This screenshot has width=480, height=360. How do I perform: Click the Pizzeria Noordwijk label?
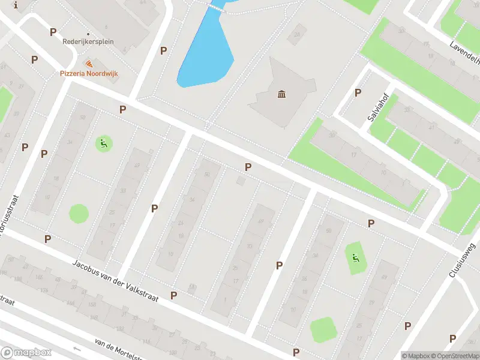pos(88,73)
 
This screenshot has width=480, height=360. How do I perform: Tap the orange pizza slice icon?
pos(89,64)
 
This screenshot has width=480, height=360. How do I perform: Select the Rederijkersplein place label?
pos(88,42)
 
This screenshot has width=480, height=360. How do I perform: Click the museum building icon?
pos(281,94)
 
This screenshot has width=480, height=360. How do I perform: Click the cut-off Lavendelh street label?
pos(465,53)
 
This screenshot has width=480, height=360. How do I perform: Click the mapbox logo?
pos(26,353)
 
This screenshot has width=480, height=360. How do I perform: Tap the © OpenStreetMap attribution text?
pos(455,356)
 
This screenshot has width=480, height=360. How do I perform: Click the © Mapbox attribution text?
pos(416,356)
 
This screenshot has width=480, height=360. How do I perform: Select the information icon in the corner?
pos(16,5)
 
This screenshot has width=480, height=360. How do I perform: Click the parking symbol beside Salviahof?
pos(358,92)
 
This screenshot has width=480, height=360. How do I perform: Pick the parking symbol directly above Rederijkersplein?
pos(53,32)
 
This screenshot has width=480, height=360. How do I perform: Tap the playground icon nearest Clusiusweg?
pos(356,259)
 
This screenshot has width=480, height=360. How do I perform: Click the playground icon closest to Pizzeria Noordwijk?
pos(103,143)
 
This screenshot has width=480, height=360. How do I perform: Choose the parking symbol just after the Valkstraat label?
pos(173,295)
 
